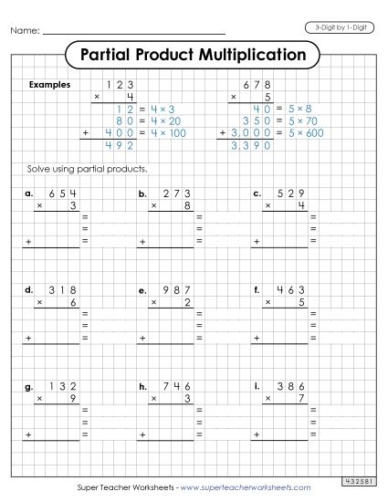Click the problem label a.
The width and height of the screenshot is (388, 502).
(x=29, y=193)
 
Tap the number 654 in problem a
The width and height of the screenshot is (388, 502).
(x=60, y=193)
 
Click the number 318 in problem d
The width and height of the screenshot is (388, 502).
(x=60, y=289)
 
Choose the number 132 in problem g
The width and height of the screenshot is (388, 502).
(x=60, y=386)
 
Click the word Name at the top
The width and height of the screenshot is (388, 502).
(x=26, y=32)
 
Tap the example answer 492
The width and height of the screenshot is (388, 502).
(x=120, y=144)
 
